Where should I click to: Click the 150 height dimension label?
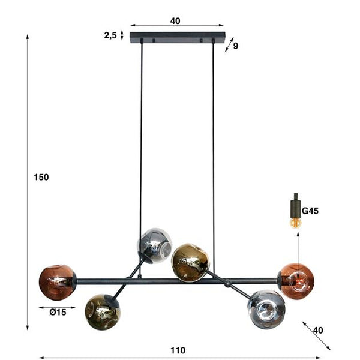(41, 177)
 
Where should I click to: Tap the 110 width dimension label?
(178, 350)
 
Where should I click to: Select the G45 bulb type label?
(311, 211)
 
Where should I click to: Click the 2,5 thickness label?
(110, 35)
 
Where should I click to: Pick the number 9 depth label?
(235, 46)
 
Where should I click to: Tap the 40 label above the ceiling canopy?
(175, 21)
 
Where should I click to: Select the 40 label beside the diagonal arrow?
(318, 330)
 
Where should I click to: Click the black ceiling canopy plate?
(177, 37)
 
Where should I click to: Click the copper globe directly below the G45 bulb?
(296, 280)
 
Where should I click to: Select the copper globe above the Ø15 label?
(57, 282)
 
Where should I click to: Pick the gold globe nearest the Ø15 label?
(102, 310)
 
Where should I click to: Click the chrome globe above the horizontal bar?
(155, 245)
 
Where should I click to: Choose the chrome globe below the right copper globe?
(265, 308)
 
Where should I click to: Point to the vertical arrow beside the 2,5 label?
(122, 35)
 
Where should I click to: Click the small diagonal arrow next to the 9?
(227, 44)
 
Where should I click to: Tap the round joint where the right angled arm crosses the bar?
(227, 285)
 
